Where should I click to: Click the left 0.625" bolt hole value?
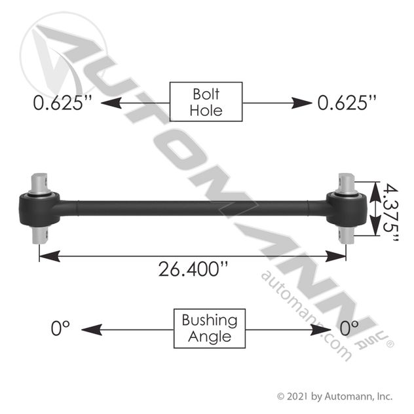click(63, 103)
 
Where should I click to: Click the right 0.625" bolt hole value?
click(347, 103)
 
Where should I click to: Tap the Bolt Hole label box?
click(206, 102)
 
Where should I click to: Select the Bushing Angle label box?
click(210, 328)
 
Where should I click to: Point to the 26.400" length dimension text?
click(193, 269)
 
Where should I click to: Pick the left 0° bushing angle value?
click(60, 328)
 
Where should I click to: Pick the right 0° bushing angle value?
click(349, 328)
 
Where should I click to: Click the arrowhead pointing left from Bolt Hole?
click(111, 103)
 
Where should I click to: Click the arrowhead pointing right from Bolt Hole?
click(301, 103)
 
